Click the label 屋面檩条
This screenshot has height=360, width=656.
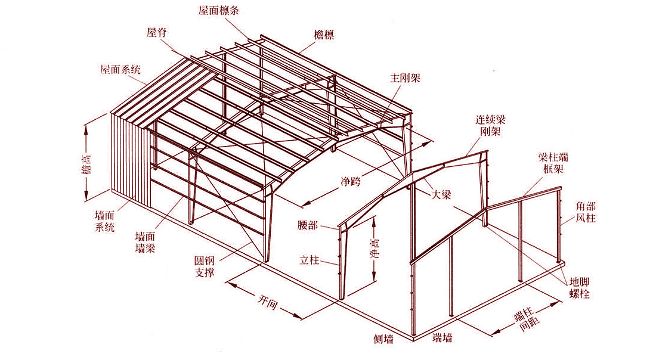(218, 11)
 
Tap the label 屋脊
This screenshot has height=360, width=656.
(157, 33)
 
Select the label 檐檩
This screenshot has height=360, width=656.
(324, 35)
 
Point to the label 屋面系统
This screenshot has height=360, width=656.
(120, 69)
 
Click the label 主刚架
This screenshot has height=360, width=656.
(405, 78)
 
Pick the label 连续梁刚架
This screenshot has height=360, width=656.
(490, 126)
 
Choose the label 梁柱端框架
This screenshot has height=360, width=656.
(553, 163)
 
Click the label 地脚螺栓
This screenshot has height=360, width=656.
(580, 288)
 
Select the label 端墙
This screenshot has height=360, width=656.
(443, 337)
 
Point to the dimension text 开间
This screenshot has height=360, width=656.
(267, 302)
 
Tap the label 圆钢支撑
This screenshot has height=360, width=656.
(205, 267)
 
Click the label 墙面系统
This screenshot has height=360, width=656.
(104, 222)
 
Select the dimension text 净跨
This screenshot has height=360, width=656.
(351, 181)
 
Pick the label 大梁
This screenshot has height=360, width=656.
(441, 194)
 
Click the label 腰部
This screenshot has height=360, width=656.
(308, 225)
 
